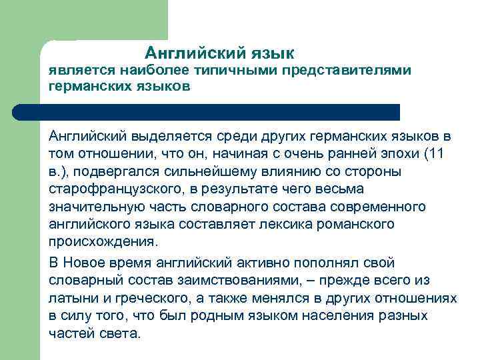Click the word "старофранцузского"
107,188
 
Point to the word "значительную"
93,205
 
